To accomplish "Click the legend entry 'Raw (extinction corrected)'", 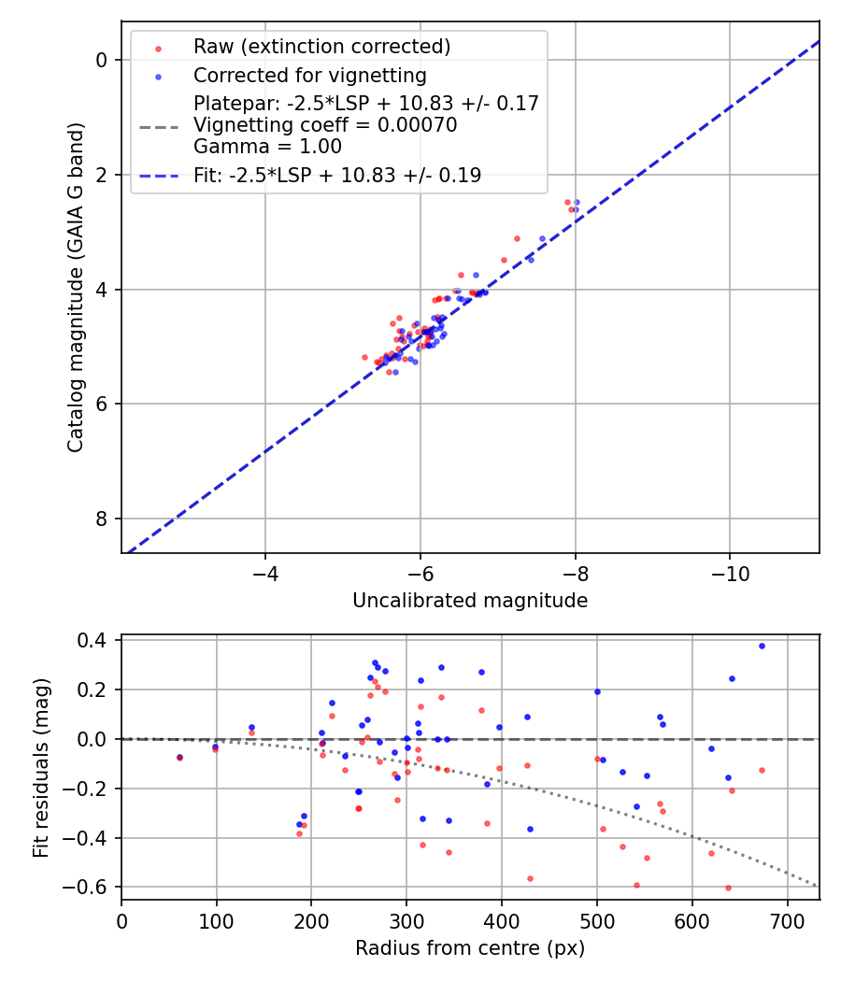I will click(321, 47).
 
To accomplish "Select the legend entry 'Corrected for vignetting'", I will click(309, 76).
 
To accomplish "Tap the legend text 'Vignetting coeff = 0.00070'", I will click(325, 125).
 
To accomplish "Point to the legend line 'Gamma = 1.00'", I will click(267, 147).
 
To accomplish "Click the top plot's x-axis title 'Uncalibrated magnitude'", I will click(470, 601).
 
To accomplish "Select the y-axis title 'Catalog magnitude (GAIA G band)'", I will click(76, 286).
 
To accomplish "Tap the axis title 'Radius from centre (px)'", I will click(470, 948).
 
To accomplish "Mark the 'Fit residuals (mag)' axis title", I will click(40, 768).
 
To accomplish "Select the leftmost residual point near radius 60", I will click(179, 758).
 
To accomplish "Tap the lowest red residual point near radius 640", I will click(728, 888).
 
